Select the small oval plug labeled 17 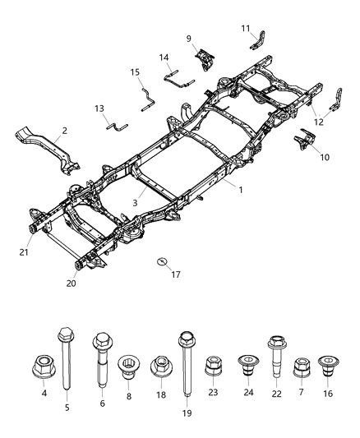pos(161,262)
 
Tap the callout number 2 pos(64,130)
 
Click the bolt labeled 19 pos(186,352)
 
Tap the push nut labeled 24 pos(245,366)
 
